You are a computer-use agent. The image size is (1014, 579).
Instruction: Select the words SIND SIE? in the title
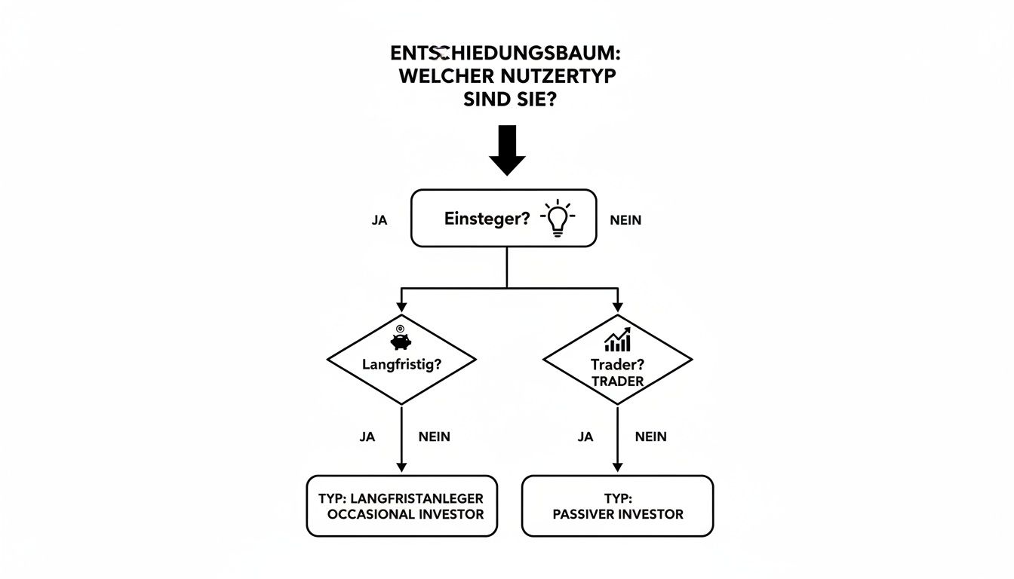click(x=506, y=100)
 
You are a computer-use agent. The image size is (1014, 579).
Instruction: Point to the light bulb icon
click(x=558, y=219)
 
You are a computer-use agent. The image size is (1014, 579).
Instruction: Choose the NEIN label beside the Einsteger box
click(x=625, y=220)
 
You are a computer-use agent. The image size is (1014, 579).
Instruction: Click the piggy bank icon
click(x=401, y=341)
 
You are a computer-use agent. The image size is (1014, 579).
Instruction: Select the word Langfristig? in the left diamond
click(x=401, y=364)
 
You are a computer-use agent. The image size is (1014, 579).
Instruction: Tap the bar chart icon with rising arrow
click(x=618, y=340)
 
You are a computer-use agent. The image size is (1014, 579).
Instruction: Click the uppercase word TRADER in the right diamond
click(x=618, y=381)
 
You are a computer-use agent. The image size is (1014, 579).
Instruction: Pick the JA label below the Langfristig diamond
click(x=367, y=437)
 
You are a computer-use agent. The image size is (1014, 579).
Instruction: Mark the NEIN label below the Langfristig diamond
click(x=434, y=437)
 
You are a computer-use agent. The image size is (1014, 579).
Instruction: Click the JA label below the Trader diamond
click(x=585, y=437)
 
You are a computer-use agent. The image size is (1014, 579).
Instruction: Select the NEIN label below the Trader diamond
click(x=650, y=437)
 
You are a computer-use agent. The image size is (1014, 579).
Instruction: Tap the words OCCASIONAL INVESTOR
click(x=406, y=514)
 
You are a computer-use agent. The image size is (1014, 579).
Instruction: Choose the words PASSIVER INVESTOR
click(x=618, y=514)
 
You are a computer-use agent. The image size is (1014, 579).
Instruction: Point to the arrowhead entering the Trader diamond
click(x=617, y=307)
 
